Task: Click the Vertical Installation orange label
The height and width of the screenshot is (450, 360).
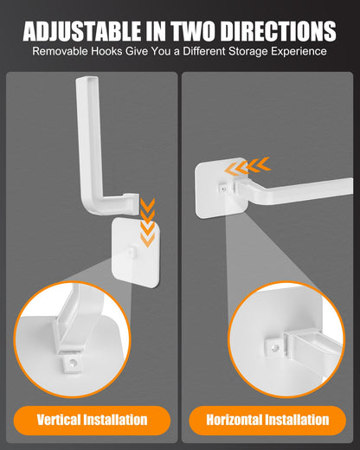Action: click(x=92, y=420)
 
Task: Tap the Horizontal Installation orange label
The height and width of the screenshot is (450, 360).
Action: click(x=267, y=420)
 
